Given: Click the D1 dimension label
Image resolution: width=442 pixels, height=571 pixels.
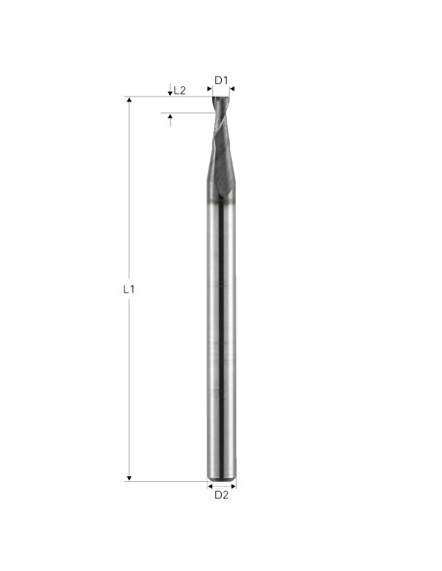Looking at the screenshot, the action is point(221,80).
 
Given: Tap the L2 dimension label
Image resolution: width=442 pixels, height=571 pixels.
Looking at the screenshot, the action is point(180,90).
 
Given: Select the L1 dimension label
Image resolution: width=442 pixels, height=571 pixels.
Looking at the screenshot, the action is point(129,289).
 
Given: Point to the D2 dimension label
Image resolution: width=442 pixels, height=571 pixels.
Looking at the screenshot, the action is point(221,495).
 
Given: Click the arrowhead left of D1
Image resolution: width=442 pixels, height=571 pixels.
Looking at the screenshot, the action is point(209,89).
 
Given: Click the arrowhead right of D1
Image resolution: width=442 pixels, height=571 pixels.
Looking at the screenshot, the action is point(233,89).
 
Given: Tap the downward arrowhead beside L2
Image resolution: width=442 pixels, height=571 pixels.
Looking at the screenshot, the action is point(170,94).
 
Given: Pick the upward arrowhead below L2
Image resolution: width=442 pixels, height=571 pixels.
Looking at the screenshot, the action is point(170,115).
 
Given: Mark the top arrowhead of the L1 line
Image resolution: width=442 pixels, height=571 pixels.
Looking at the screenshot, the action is point(129,100).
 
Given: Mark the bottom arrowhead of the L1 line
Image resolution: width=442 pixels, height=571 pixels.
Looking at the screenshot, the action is point(129,478).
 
